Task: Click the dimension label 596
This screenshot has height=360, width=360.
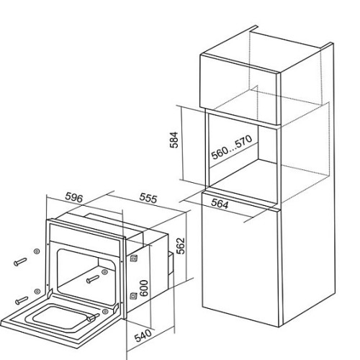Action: pos(74,198)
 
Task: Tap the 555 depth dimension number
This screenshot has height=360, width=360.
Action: pos(148,199)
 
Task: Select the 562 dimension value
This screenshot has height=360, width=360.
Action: pos(181,246)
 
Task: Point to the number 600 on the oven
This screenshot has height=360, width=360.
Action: pos(144,288)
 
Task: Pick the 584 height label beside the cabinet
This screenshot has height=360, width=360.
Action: pos(174,140)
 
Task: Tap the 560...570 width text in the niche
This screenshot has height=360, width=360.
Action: pos(232,147)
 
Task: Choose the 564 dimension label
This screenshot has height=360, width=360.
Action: pos(220,204)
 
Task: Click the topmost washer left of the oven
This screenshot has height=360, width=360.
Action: pos(37,251)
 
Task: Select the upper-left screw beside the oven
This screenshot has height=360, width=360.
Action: pos(20,261)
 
